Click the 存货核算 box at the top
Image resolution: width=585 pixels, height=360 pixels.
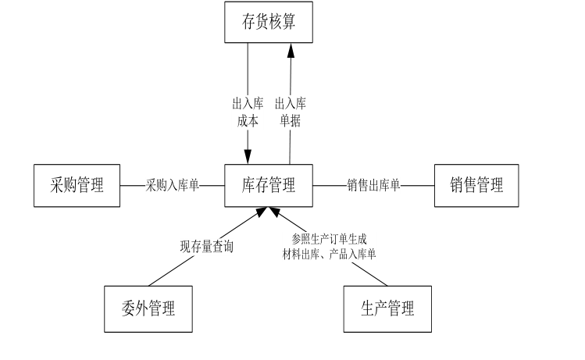click(269, 22)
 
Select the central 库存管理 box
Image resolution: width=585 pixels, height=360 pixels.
click(269, 185)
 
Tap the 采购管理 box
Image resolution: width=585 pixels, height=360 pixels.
click(77, 185)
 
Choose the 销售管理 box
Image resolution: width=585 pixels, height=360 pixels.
click(476, 185)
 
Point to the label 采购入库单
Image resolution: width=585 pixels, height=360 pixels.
click(173, 186)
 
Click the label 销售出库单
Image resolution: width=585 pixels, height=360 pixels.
click(373, 186)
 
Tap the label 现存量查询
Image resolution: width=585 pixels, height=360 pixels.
click(206, 248)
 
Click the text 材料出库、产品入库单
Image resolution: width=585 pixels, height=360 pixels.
click(329, 253)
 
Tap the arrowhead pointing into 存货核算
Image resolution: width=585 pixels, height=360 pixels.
click(291, 50)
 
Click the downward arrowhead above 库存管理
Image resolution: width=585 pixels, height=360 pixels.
click(248, 158)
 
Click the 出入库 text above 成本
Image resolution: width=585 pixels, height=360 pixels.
click(248, 103)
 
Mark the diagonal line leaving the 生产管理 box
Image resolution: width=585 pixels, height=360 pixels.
click(371, 273)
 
